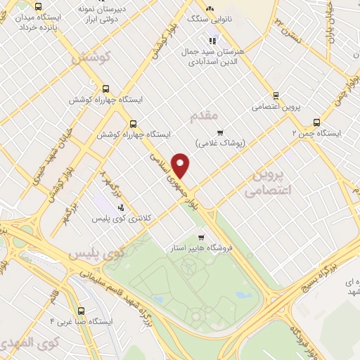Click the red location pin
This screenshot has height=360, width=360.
click(x=181, y=165)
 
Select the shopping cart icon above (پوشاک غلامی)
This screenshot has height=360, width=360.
click(x=220, y=132)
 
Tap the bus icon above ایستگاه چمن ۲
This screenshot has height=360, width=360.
click(x=316, y=122)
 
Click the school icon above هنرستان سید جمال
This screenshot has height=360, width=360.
click(x=212, y=40)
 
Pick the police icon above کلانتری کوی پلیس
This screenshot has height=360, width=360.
click(x=121, y=207)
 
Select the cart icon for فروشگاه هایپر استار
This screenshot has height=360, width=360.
click(x=201, y=238)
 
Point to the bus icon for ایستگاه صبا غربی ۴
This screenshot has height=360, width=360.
click(x=82, y=310)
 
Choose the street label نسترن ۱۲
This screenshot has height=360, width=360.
click(x=288, y=27)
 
